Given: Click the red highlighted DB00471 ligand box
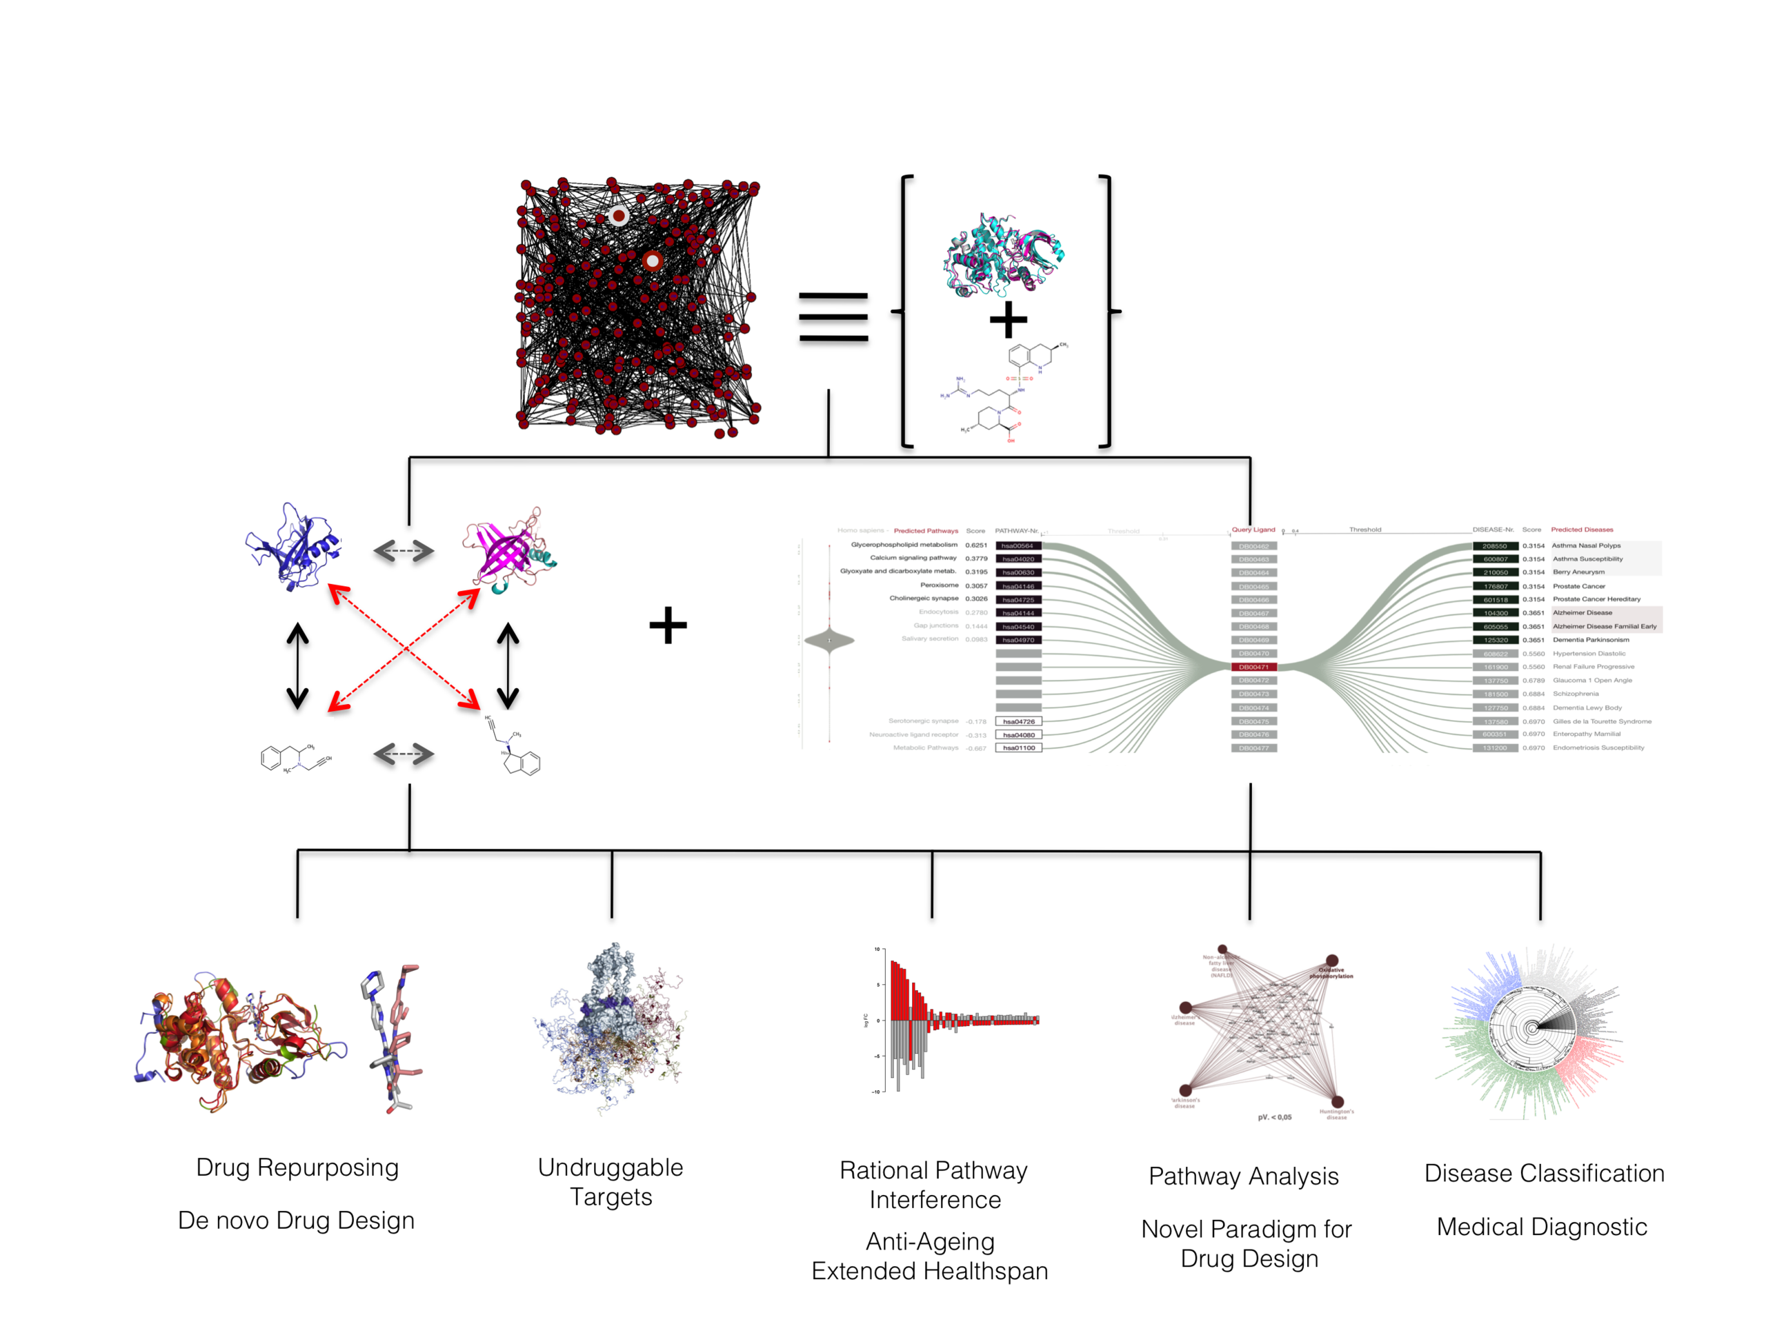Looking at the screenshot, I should click(1253, 666).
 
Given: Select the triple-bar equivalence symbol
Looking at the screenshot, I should click(833, 317).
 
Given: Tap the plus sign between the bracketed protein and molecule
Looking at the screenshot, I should click(1009, 320).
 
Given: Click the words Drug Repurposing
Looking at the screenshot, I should click(297, 1167).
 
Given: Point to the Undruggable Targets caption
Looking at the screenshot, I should click(611, 1182).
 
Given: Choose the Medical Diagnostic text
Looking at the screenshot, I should click(1542, 1227).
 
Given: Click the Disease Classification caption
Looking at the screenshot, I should click(1544, 1173).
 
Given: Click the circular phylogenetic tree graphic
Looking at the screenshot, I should click(1531, 1030).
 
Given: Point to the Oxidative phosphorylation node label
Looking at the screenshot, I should click(1331, 973).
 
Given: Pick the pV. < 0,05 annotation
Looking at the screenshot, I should click(1274, 1117).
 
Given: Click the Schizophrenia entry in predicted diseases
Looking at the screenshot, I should click(1575, 694).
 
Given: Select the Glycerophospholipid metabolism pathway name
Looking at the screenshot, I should click(904, 545).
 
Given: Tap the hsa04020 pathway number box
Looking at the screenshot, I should click(1018, 559).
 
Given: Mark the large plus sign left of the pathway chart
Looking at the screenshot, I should click(668, 625).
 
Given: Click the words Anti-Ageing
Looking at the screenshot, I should click(930, 1241).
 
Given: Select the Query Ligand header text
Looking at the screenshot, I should click(1253, 530).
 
